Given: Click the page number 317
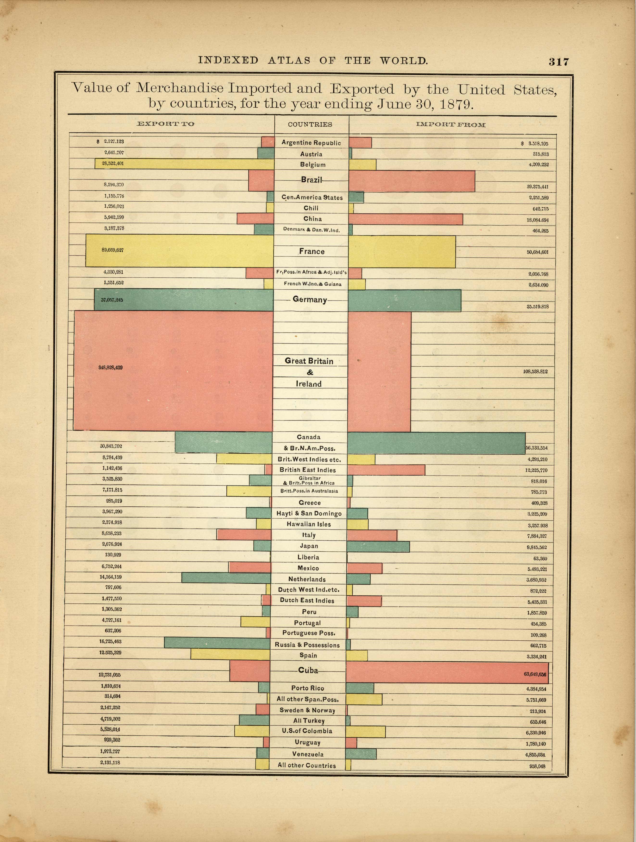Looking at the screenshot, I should tap(558, 62).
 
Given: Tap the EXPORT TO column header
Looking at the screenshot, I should tap(165, 124).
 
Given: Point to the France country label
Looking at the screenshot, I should tap(312, 252).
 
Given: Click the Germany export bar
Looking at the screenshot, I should tap(184, 300).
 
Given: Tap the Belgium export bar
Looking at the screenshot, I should tap(185, 164).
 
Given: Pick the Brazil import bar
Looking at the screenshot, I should tap(412, 181).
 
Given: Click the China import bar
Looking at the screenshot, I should tap(405, 219).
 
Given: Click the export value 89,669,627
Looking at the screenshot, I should tap(112, 250).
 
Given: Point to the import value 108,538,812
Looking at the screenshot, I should tap(535, 371).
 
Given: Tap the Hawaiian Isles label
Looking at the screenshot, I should tap(308, 524).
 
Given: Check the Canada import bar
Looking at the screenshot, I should tap(436, 443).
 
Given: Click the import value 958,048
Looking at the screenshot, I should tap(537, 766).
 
